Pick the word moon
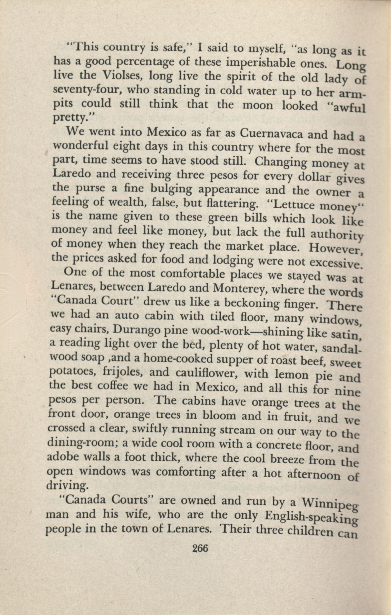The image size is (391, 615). coord(258,105)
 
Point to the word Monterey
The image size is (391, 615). coord(240,289)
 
